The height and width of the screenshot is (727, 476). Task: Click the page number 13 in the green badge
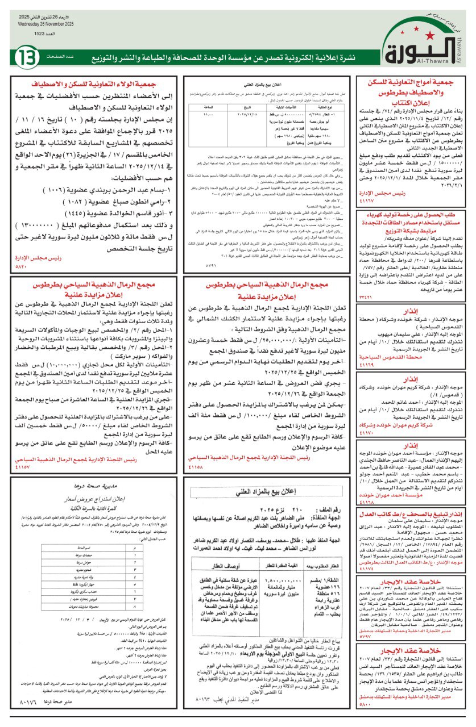pos(27,57)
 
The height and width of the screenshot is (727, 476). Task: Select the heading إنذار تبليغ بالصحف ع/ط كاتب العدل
pos(413,514)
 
